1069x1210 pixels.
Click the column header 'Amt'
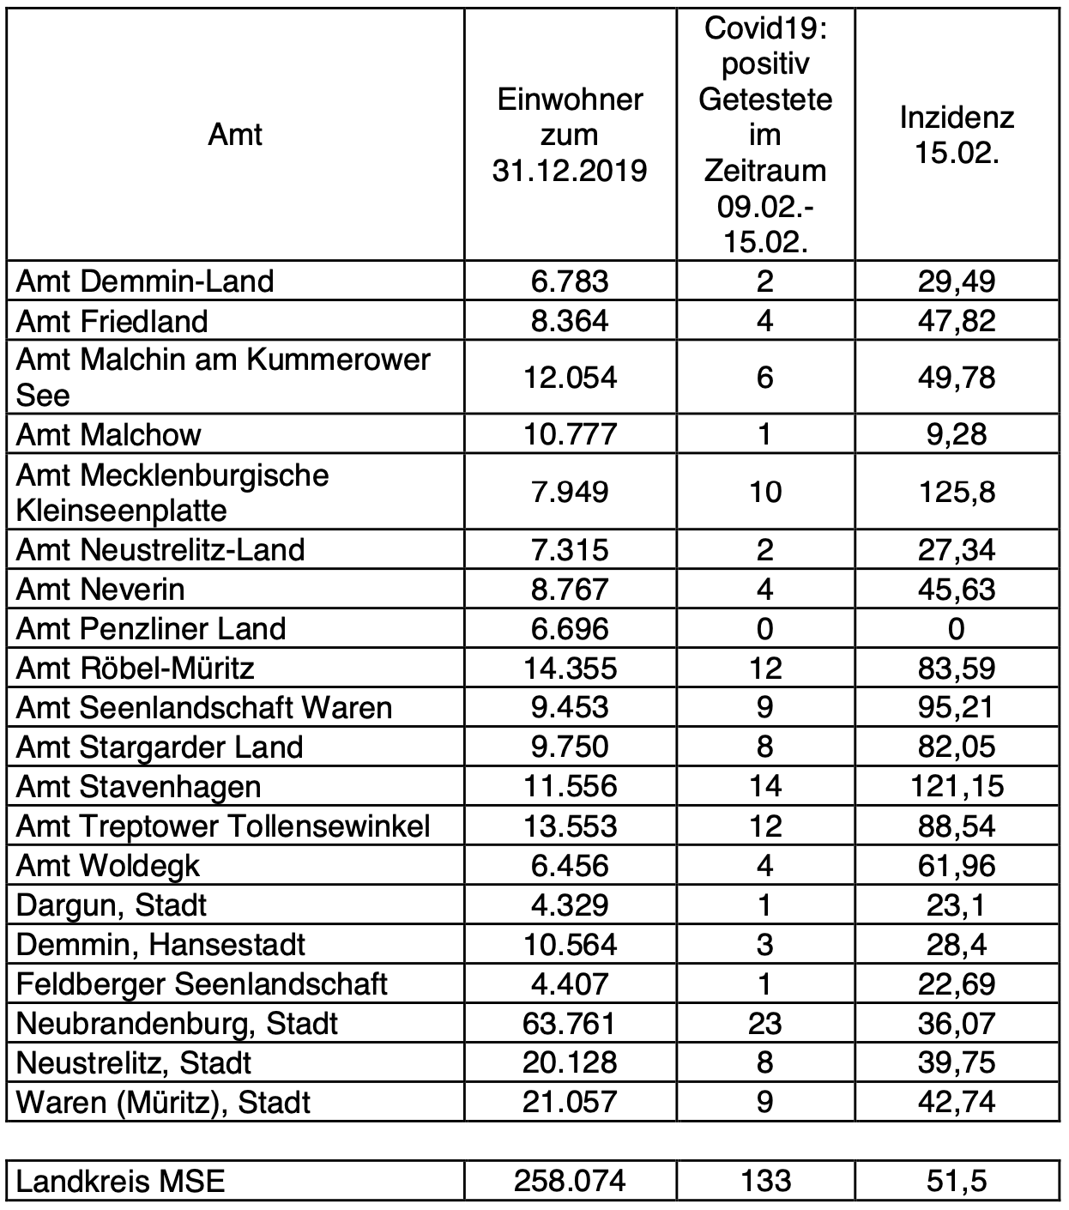click(234, 135)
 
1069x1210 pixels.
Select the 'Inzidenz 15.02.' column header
click(957, 135)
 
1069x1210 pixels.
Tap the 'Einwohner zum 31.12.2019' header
click(570, 135)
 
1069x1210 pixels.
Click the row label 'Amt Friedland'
click(112, 321)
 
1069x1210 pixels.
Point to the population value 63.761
click(570, 1023)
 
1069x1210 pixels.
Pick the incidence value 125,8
click(957, 492)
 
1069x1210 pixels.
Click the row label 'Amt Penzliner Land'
click(151, 628)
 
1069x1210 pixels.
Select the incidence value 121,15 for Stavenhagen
click(957, 786)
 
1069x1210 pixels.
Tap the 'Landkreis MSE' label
click(120, 1182)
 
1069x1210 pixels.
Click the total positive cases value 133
click(764, 1182)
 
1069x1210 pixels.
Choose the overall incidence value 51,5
click(957, 1182)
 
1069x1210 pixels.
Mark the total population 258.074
click(570, 1182)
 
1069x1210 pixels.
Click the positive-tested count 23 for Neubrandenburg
click(764, 1023)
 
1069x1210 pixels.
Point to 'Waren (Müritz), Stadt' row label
click(163, 1102)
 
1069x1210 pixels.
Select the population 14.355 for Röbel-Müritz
click(570, 668)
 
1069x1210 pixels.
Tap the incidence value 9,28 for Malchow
click(957, 434)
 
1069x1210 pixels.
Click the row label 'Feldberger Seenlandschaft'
click(202, 983)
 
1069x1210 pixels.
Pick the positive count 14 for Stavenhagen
click(764, 786)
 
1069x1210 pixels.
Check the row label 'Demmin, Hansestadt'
click(160, 944)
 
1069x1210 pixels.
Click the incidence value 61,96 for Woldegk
click(957, 865)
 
